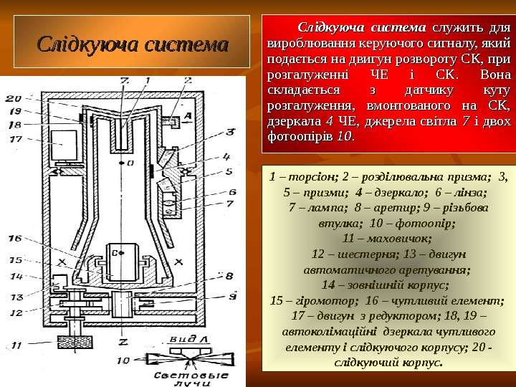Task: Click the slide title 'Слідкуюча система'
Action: (133, 44)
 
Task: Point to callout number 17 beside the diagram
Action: (16, 139)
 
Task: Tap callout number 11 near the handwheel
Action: (16, 345)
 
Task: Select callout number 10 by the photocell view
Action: (123, 360)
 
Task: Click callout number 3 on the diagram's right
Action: (231, 131)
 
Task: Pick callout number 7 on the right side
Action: (231, 204)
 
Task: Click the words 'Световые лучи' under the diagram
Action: (193, 379)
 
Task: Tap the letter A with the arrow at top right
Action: (187, 115)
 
